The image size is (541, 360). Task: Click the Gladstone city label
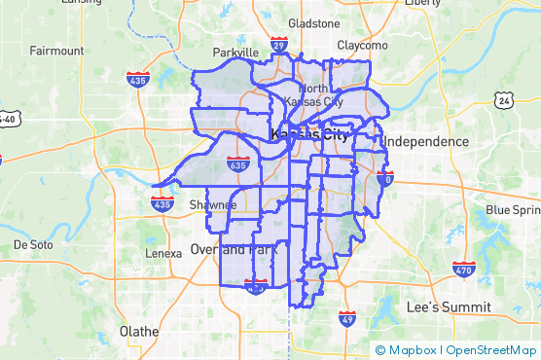point(312,22)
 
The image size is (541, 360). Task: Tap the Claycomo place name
point(362,45)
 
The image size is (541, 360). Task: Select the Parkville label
point(235,53)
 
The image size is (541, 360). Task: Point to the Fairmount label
point(56,51)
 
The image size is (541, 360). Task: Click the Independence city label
point(425,142)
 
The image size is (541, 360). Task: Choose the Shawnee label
point(212,205)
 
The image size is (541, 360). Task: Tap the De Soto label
point(33,244)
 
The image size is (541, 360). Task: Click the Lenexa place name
point(162,253)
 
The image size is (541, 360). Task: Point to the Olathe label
point(138,331)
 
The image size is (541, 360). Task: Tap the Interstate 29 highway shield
point(278,46)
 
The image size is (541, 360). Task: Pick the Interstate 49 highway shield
point(347,318)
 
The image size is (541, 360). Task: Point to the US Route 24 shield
point(502,100)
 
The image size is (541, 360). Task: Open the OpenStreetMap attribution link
point(490,350)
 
